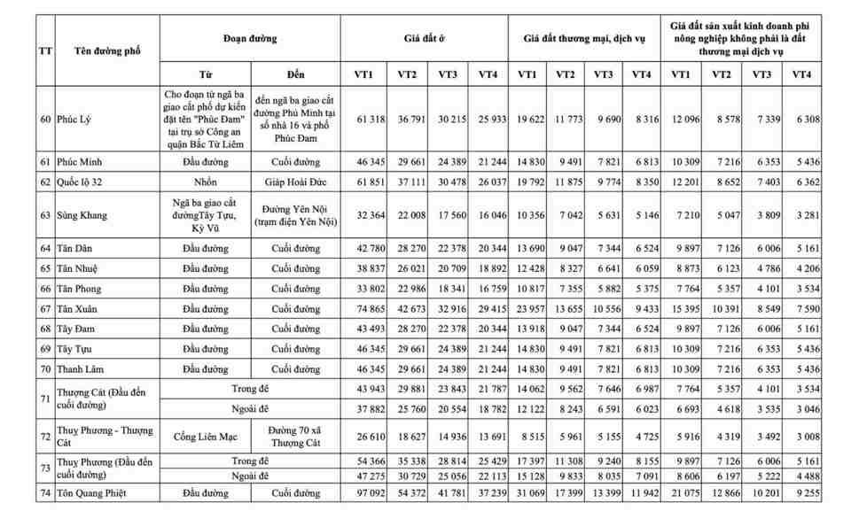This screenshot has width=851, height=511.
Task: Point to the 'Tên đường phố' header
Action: [98, 50]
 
